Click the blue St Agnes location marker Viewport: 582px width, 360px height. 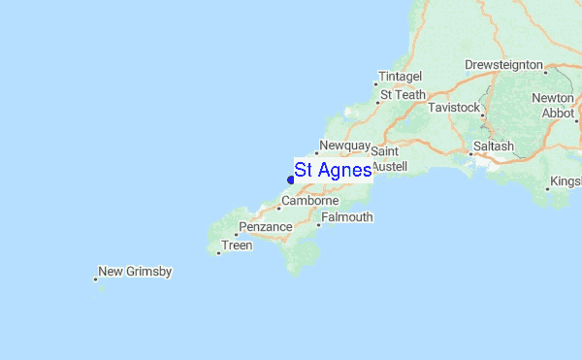pyautogui.click(x=291, y=179)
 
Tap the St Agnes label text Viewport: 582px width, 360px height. pyautogui.click(x=333, y=171)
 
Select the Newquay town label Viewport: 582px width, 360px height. pyautogui.click(x=345, y=146)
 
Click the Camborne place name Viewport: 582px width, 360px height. pyautogui.click(x=309, y=201)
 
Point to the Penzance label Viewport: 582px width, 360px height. pyautogui.click(x=265, y=227)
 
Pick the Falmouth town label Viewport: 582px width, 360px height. pyautogui.click(x=346, y=217)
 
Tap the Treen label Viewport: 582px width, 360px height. pyautogui.click(x=237, y=245)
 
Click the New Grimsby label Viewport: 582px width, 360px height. pyautogui.click(x=136, y=272)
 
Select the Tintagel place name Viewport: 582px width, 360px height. pyautogui.click(x=400, y=76)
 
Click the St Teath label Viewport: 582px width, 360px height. pyautogui.click(x=403, y=95)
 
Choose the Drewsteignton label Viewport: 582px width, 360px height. pyautogui.click(x=503, y=64)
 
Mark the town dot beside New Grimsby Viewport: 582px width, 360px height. pyautogui.click(x=95, y=279)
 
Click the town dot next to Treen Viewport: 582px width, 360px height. pyautogui.click(x=218, y=253)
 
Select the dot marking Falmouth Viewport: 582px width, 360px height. pyautogui.click(x=317, y=225)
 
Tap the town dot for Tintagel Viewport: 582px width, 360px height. pyautogui.click(x=376, y=83)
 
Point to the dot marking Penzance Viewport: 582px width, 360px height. pyautogui.click(x=236, y=235)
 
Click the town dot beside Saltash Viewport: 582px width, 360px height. pyautogui.click(x=472, y=153)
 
